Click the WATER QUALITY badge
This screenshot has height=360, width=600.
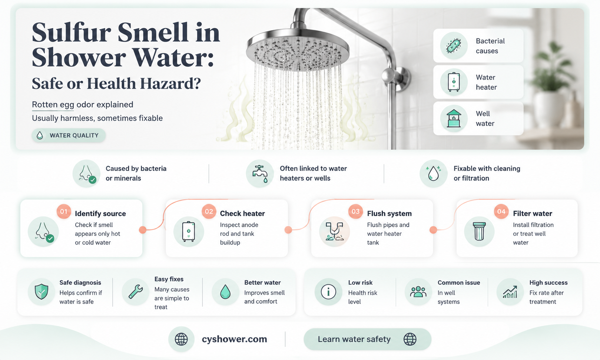point(69,135)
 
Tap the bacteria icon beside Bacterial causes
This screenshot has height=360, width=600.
point(454,46)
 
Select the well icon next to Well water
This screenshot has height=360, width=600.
point(454,119)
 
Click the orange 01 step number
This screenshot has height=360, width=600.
point(64,211)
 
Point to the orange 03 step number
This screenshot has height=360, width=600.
point(355,211)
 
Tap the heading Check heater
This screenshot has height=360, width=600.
point(242,214)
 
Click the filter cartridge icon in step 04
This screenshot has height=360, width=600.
point(479,232)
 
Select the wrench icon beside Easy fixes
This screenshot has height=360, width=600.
point(136,292)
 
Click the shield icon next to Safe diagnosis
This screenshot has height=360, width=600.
point(42,292)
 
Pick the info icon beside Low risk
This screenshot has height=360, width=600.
point(328,292)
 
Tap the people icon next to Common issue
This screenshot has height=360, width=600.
point(418,292)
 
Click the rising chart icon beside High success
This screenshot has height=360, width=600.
point(510,292)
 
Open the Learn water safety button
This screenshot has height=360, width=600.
point(368,339)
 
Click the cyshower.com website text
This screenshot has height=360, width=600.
point(234,339)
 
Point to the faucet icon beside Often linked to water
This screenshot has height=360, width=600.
point(260,174)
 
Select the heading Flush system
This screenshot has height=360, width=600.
point(389,214)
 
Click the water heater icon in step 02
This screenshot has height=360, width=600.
point(189,232)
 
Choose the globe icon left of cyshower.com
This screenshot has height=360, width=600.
point(181,339)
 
